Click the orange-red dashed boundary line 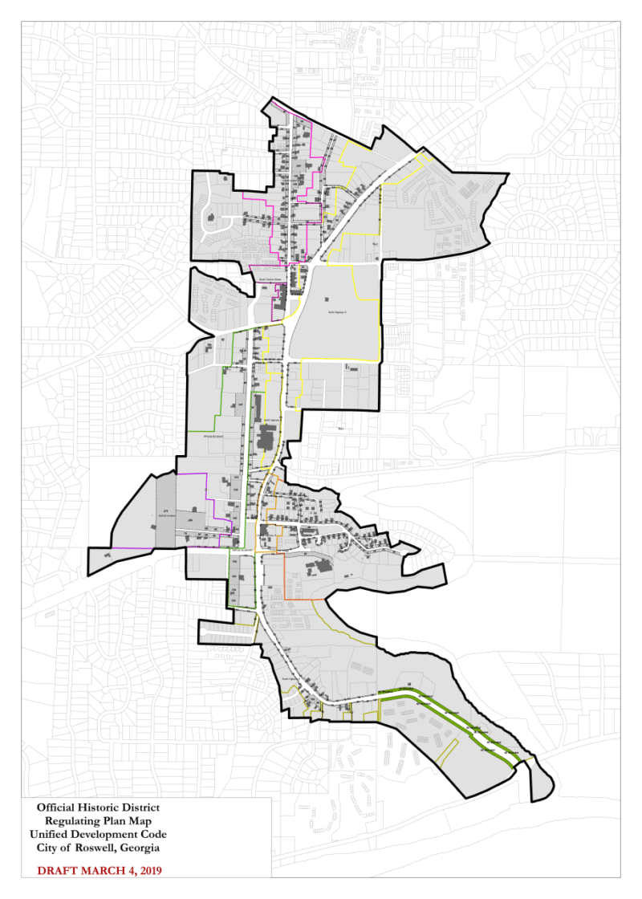coord(305,599)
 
